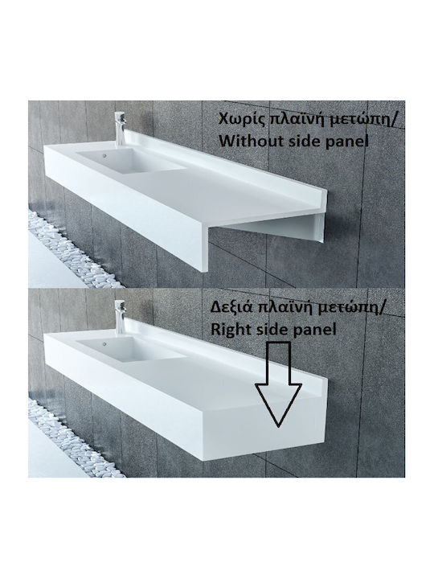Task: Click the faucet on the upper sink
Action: click(x=121, y=129)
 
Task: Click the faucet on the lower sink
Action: click(x=121, y=317)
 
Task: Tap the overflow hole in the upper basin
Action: click(x=104, y=155)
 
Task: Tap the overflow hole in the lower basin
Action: click(x=104, y=344)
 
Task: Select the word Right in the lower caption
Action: click(x=228, y=330)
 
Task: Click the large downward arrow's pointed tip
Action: click(x=279, y=426)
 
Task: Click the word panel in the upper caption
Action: click(x=347, y=142)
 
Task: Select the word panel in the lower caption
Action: click(x=314, y=330)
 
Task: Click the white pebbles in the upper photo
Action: click(x=70, y=252)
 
